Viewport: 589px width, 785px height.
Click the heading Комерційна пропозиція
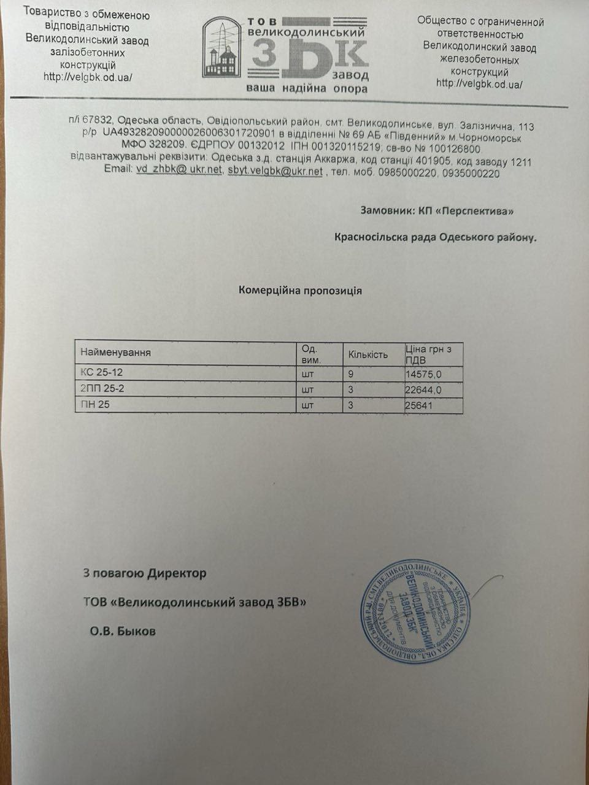point(300,290)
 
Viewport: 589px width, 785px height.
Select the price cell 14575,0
point(424,373)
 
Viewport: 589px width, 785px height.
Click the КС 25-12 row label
point(102,372)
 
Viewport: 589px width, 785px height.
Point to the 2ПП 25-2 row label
point(102,388)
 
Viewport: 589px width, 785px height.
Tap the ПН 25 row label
point(95,405)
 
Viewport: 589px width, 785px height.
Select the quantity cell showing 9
point(351,373)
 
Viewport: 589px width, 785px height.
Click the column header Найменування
point(115,353)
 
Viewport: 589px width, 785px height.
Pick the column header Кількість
point(368,354)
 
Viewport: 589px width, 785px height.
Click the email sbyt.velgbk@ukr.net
point(275,171)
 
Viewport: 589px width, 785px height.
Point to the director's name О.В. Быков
point(123,630)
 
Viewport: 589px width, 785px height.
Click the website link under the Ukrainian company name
point(88,77)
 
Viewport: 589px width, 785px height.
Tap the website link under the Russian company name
point(479,83)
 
